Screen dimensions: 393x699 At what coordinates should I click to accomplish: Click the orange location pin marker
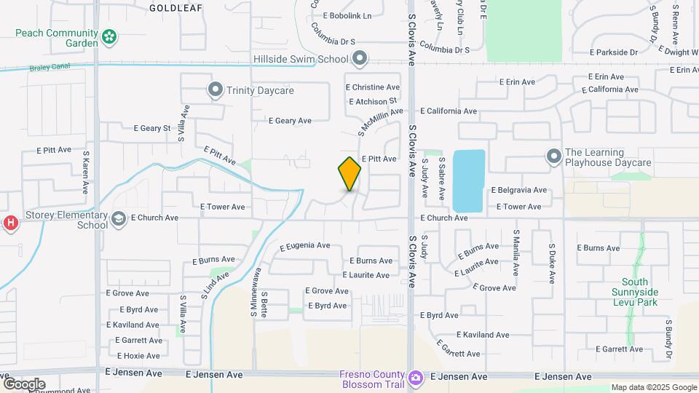tap(349, 173)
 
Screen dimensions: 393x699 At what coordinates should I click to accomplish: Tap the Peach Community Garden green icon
tap(109, 36)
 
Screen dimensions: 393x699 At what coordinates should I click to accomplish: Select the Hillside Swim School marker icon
tap(359, 58)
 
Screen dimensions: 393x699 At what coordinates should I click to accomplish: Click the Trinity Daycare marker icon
tap(215, 90)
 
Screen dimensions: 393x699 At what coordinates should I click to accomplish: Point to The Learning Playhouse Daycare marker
tap(553, 157)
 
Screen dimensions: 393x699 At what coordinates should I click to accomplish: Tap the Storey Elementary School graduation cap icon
tap(118, 218)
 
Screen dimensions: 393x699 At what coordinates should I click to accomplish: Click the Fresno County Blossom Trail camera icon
tap(415, 378)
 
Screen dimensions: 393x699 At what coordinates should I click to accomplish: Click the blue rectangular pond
tap(469, 180)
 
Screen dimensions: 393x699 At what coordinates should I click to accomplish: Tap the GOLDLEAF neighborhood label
tap(175, 7)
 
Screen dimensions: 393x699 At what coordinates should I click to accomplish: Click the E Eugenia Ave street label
tap(304, 246)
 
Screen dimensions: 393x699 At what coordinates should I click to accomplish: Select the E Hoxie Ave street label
tap(133, 356)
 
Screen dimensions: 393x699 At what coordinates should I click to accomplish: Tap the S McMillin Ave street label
tap(380, 121)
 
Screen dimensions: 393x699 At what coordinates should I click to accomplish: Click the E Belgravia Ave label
tap(519, 190)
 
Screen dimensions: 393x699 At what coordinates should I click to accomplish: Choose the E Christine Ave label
tap(373, 87)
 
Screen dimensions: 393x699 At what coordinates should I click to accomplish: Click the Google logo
tap(24, 384)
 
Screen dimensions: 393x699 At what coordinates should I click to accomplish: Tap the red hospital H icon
tap(9, 223)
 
